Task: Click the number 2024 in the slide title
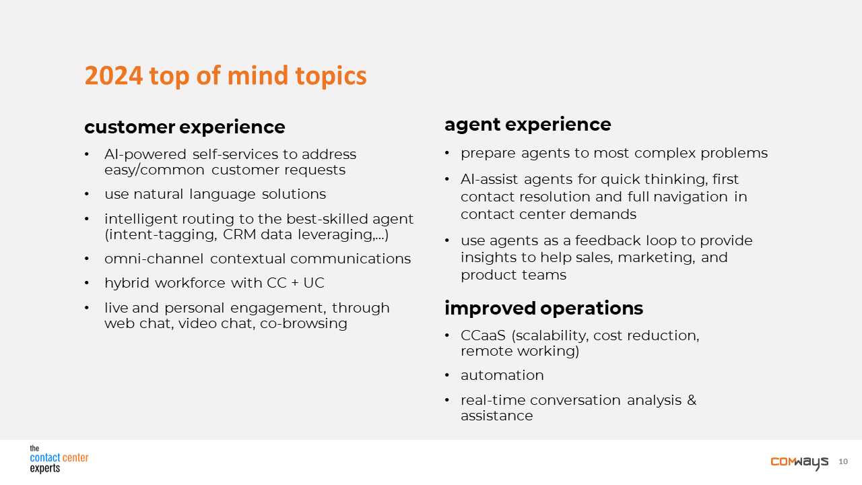tap(114, 75)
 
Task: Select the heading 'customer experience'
tap(185, 127)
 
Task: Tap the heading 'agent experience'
tap(527, 125)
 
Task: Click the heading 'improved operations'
tap(543, 308)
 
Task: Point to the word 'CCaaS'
tap(483, 335)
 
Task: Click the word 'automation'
tap(502, 375)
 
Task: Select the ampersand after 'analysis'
tap(692, 400)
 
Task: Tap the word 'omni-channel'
tap(154, 259)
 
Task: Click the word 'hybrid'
tap(127, 284)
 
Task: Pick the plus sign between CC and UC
tap(295, 284)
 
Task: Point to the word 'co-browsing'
tap(304, 324)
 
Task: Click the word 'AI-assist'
tap(490, 179)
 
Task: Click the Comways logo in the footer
tap(799, 462)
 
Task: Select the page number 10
tap(843, 461)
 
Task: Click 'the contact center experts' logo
tap(59, 459)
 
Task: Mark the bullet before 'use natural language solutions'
tap(87, 195)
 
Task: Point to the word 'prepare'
tap(488, 154)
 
